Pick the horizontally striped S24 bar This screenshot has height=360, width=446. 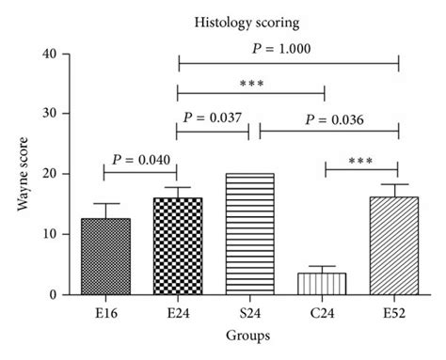pos(250,234)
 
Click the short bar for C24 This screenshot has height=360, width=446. pos(324,284)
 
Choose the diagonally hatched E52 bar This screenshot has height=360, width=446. pos(398,246)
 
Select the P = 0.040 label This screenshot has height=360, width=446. pos(141,159)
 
